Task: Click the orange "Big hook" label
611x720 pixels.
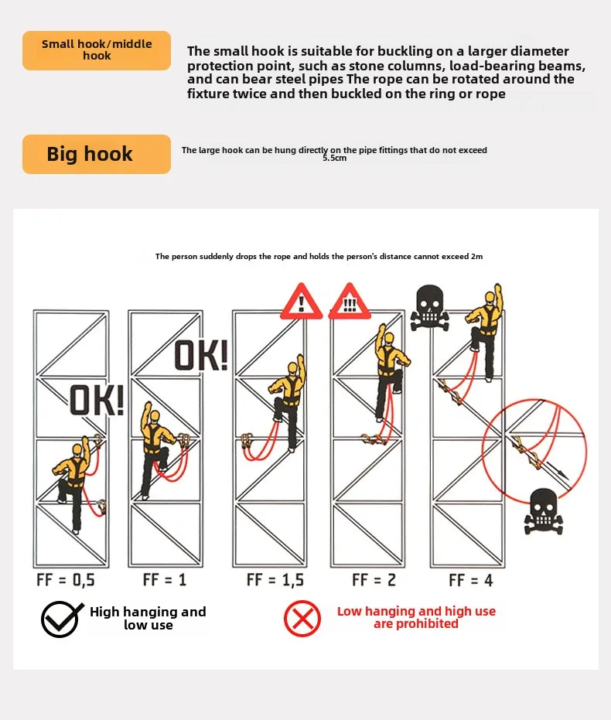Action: tap(97, 154)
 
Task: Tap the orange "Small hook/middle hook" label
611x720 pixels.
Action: tap(97, 50)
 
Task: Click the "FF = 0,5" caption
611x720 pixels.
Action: tap(66, 579)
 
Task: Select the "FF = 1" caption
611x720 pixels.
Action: tap(164, 579)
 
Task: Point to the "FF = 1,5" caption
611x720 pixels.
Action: tap(275, 579)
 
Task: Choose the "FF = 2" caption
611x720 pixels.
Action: tap(374, 579)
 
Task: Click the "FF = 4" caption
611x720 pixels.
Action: tap(470, 580)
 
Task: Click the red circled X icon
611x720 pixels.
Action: tap(302, 618)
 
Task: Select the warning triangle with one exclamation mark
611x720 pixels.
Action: tap(301, 302)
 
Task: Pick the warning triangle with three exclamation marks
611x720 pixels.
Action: tap(350, 302)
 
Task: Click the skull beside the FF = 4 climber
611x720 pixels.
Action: tap(430, 307)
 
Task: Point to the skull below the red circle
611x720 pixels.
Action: tap(544, 511)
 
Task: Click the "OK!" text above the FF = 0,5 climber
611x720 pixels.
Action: tap(97, 401)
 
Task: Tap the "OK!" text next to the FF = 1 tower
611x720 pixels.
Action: tap(201, 355)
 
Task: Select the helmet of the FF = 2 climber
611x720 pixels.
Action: tap(388, 339)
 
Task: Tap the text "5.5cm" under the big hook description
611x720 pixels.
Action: tap(334, 158)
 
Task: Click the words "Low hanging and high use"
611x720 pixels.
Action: tap(416, 611)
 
